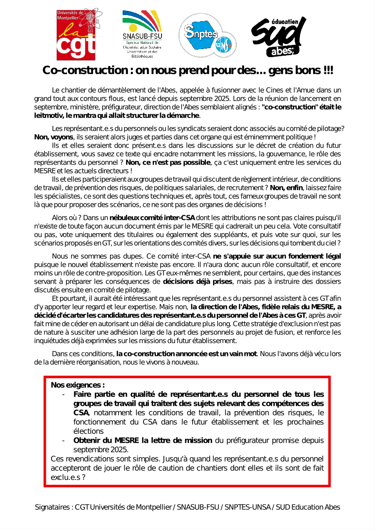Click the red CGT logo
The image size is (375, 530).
coord(76,33)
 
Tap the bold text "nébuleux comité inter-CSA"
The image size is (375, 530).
coord(152,218)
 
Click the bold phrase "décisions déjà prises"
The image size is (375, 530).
coord(197,282)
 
